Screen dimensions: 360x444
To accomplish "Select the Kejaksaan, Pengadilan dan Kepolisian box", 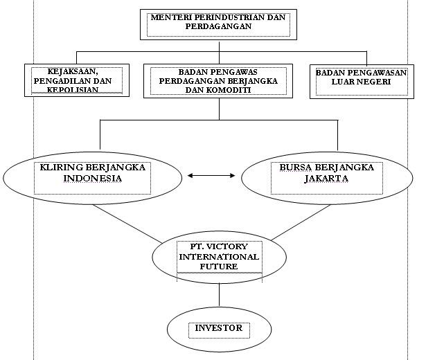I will [77, 80].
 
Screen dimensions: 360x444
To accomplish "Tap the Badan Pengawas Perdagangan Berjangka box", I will [218, 80].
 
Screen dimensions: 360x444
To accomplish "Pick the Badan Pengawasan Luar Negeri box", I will [361, 81].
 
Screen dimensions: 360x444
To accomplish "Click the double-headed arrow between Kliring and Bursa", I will [211, 176].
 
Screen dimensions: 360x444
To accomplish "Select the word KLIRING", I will [61, 168].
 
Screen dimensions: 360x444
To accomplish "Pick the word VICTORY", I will [230, 247].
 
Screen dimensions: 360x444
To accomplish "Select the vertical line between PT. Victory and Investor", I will [219, 295].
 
